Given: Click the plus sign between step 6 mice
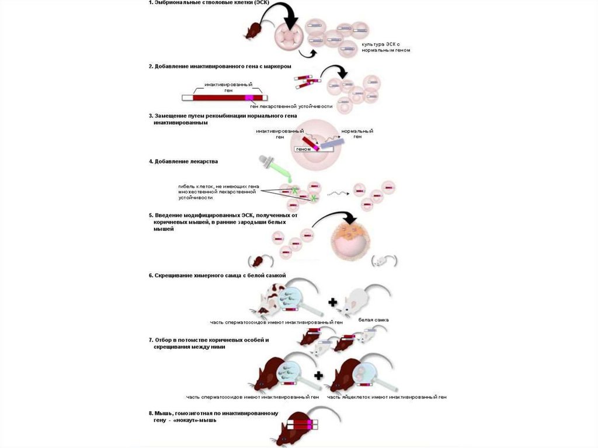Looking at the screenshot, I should [x=332, y=303].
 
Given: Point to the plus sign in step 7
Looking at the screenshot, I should [x=318, y=375].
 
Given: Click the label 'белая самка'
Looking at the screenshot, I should [x=374, y=320].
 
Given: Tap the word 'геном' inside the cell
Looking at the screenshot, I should [x=304, y=149].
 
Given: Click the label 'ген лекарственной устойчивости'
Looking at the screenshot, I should [x=291, y=106].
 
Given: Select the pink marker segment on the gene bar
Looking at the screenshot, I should [x=250, y=98].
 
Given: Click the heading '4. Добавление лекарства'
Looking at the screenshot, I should [x=183, y=161].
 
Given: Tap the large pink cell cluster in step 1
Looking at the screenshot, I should [x=289, y=36].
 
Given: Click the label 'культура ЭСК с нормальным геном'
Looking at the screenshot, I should [x=385, y=47].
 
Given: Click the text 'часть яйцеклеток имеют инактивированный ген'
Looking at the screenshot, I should [x=387, y=397].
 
